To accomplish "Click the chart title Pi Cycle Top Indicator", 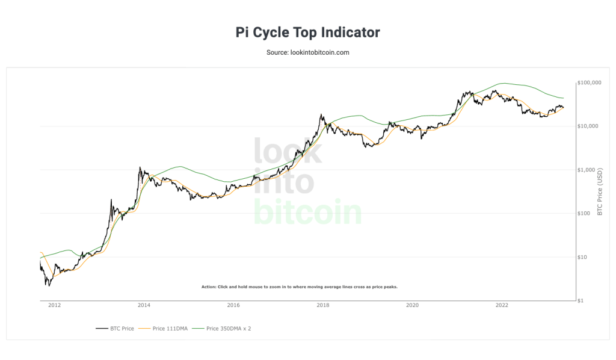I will coord(307,32).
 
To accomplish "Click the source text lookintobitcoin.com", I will coord(307,52).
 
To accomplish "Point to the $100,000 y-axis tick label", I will coord(590,82).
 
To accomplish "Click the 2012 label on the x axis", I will coord(55,305).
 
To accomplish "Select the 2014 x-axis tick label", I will coord(144,305).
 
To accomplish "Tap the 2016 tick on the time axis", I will coord(233,305).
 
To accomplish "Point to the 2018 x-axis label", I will coord(323,305).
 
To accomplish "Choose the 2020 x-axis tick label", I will coord(413,305).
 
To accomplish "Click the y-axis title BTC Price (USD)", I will coord(600,191).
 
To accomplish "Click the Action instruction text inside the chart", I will coord(299,287).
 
